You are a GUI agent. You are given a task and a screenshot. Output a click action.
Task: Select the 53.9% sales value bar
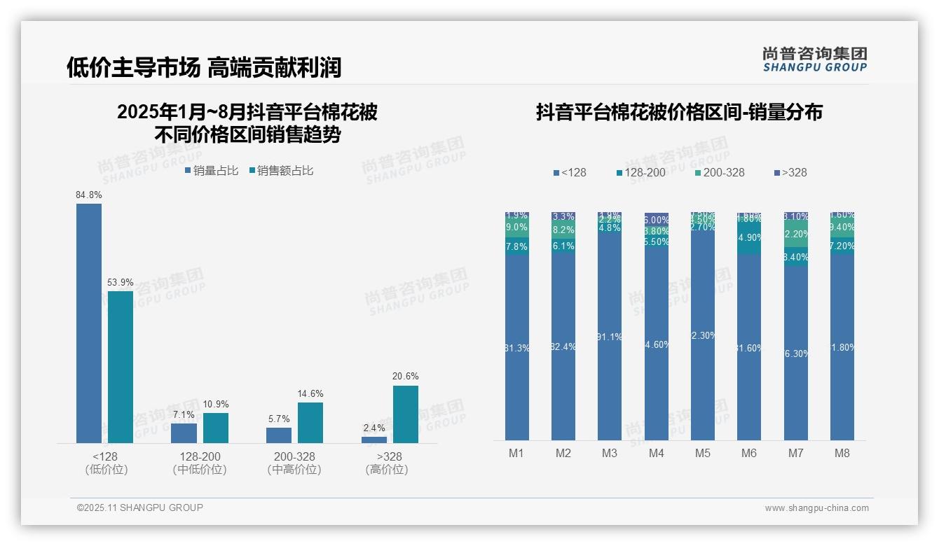[121, 367]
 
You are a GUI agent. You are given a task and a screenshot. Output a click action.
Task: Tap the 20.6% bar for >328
[405, 414]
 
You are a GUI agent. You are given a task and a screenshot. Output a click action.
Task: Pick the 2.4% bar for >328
[374, 440]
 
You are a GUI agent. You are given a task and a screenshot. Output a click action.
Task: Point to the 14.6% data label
[310, 394]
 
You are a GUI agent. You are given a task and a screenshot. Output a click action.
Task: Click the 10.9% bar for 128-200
[216, 428]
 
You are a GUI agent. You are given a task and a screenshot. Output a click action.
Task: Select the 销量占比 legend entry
[212, 171]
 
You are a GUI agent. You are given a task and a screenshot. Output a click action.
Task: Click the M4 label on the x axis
[656, 453]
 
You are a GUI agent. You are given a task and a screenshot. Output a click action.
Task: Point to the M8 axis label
[842, 453]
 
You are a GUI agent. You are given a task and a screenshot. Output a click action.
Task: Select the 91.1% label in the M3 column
[610, 337]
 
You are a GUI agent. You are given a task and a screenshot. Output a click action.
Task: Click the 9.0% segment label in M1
[516, 227]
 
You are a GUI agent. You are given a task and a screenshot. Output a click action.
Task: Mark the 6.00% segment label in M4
[657, 220]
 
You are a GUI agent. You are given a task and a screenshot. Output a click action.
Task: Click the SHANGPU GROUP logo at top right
[814, 59]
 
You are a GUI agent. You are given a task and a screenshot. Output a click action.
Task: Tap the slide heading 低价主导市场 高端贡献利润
[204, 67]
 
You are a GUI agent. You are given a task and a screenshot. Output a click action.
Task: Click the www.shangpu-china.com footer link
[816, 508]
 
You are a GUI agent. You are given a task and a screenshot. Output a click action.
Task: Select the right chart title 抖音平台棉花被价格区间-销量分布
[679, 112]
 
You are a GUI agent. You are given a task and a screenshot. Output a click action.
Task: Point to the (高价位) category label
[386, 470]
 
